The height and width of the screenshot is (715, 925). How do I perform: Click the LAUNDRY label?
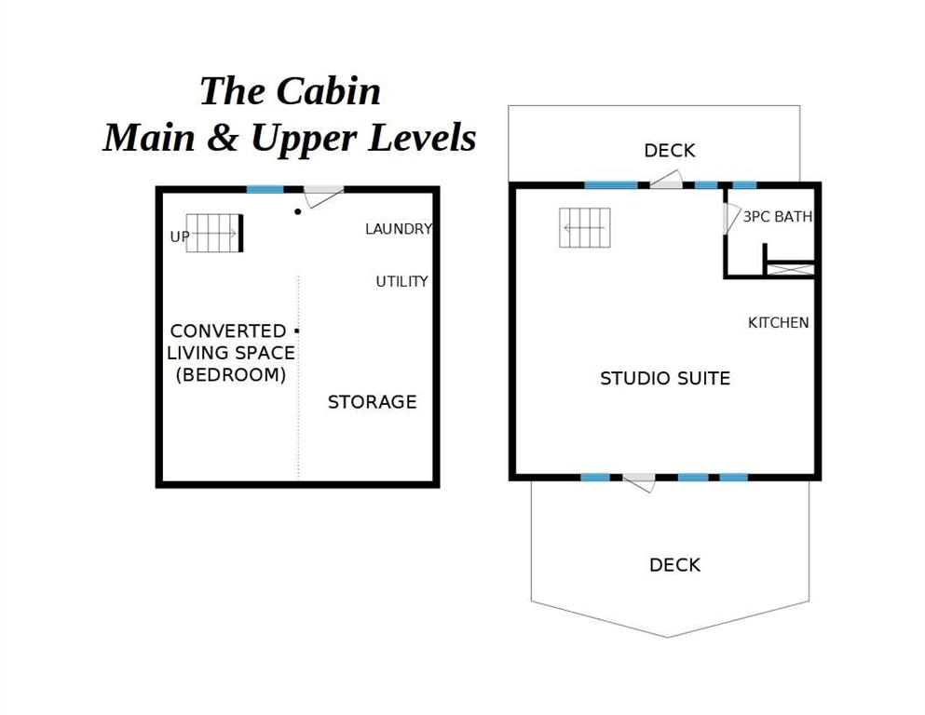click(x=399, y=229)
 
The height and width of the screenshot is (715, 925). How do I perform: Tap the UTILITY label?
click(x=401, y=281)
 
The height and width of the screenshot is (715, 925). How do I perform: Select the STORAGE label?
click(x=373, y=402)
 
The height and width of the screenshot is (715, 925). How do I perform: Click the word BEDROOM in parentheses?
click(x=231, y=375)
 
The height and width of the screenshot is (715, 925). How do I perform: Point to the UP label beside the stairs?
click(x=180, y=237)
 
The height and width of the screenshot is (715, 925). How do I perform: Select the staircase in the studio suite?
click(x=585, y=227)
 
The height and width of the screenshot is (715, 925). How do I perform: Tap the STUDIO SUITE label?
click(x=665, y=378)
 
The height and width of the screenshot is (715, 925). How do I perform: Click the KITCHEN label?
click(x=778, y=323)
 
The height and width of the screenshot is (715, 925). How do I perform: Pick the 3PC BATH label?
click(x=778, y=217)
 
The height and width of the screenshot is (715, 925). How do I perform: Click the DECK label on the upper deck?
click(x=670, y=151)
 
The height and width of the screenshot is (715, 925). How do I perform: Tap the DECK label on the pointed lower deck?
click(x=674, y=565)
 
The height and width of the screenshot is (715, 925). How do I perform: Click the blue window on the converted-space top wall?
click(x=265, y=189)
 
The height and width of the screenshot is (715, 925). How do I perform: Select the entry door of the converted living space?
click(x=323, y=196)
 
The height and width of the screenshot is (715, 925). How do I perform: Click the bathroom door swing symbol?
click(x=731, y=219)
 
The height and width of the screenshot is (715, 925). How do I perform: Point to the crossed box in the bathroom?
click(x=790, y=269)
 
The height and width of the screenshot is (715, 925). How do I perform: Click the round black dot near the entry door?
click(x=298, y=211)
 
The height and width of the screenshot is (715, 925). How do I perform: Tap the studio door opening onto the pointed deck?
click(x=639, y=482)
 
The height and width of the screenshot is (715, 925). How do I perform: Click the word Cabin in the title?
click(x=328, y=91)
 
